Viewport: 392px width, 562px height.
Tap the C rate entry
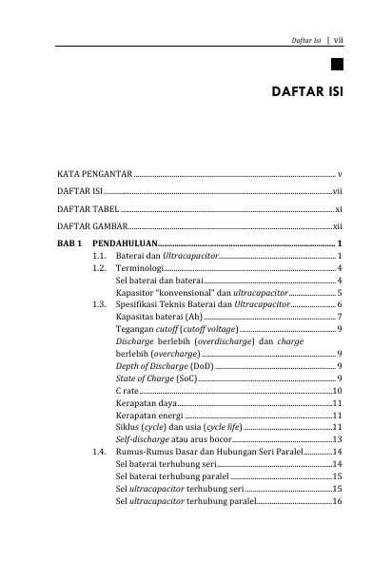pos(126,392)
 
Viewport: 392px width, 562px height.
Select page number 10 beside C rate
pos(337,392)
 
